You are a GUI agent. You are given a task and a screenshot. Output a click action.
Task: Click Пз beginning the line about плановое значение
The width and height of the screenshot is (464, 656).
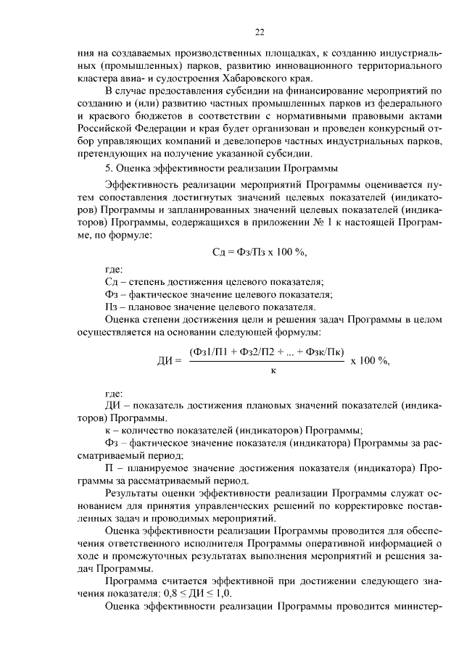click(x=112, y=307)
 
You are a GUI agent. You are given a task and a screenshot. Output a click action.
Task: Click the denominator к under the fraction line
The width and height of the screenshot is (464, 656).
click(x=273, y=371)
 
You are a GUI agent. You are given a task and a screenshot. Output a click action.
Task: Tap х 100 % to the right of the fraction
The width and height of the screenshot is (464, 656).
click(x=370, y=360)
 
